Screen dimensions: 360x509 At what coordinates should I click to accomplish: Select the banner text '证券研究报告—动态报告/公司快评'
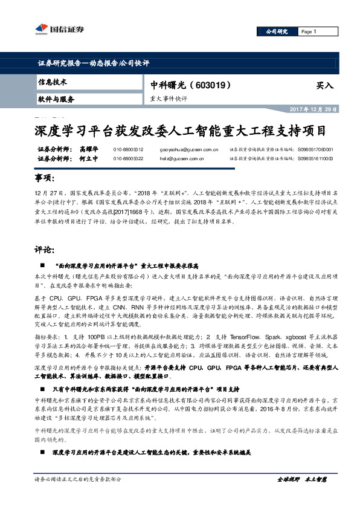click(x=93, y=63)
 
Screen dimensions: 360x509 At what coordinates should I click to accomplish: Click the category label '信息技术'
click(x=53, y=82)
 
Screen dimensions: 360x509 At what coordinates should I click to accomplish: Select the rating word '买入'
click(x=324, y=86)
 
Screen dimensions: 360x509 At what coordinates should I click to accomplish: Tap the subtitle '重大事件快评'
click(x=169, y=99)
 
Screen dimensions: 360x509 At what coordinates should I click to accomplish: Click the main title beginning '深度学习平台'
click(x=179, y=131)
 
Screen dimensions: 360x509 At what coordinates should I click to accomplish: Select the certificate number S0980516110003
click(x=315, y=158)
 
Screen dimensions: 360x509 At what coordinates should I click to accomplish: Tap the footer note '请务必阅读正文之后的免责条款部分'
click(x=78, y=479)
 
